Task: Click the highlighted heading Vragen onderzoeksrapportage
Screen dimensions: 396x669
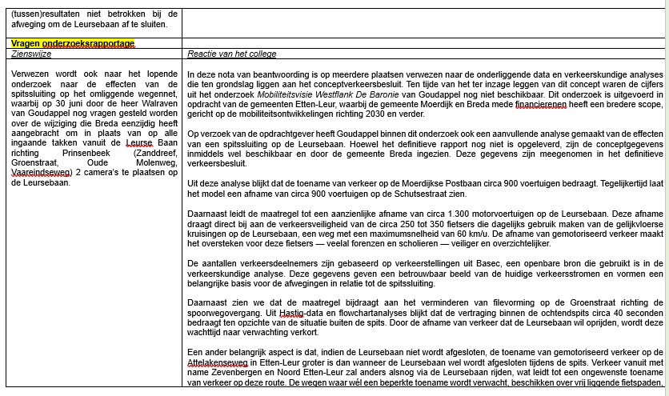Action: point(73,43)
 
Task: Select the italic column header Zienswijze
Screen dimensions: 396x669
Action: point(31,54)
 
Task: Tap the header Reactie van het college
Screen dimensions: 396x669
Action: point(231,54)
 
